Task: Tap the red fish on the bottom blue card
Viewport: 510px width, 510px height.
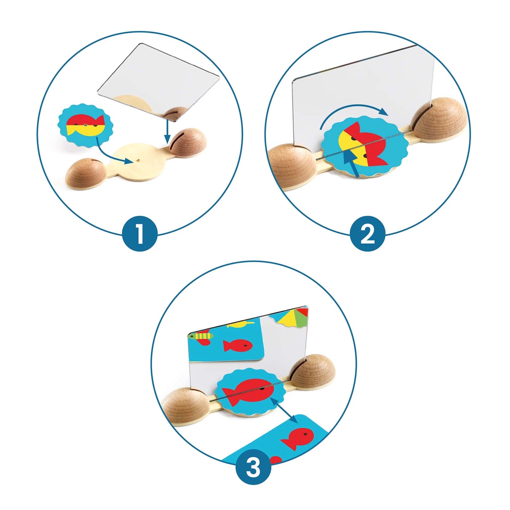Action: point(296,438)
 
